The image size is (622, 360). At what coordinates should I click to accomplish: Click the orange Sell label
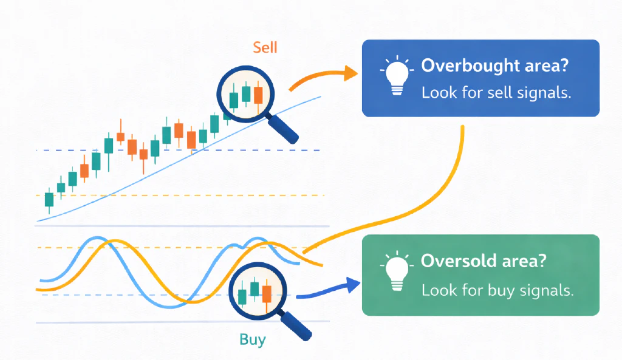[x=265, y=47]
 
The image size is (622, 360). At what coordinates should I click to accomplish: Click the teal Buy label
[x=253, y=339]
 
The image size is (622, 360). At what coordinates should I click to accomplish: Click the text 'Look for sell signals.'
[x=497, y=93]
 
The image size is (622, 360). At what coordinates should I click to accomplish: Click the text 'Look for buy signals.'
[x=497, y=290]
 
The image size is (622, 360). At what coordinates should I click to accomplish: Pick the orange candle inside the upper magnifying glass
[x=258, y=95]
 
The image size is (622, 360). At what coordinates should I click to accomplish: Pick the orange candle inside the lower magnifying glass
[x=266, y=294]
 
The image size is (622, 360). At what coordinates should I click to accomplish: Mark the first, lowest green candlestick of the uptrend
[x=49, y=200]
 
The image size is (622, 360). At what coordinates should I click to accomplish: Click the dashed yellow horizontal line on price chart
[x=182, y=195]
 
